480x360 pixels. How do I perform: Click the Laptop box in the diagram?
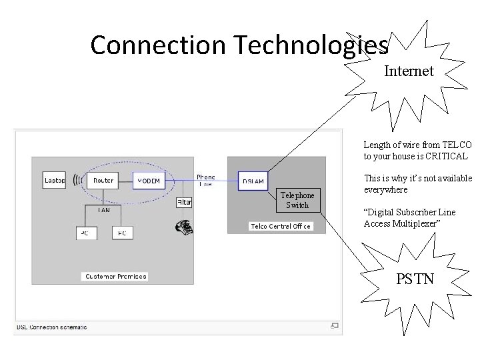tap(55, 180)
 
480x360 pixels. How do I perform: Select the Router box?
tap(103, 180)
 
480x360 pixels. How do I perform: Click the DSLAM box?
tap(253, 181)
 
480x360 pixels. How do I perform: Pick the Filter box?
tap(184, 202)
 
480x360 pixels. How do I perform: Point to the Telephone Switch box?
tap(297, 200)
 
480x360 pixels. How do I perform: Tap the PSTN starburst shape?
tap(415, 278)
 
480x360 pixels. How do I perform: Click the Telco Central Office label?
tap(280, 227)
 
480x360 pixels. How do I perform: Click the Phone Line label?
tap(205, 181)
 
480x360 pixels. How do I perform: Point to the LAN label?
tap(104, 210)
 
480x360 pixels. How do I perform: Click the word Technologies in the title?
tap(310, 45)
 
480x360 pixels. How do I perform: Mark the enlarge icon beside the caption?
tap(335, 326)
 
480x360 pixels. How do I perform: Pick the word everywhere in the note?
tap(385, 189)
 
